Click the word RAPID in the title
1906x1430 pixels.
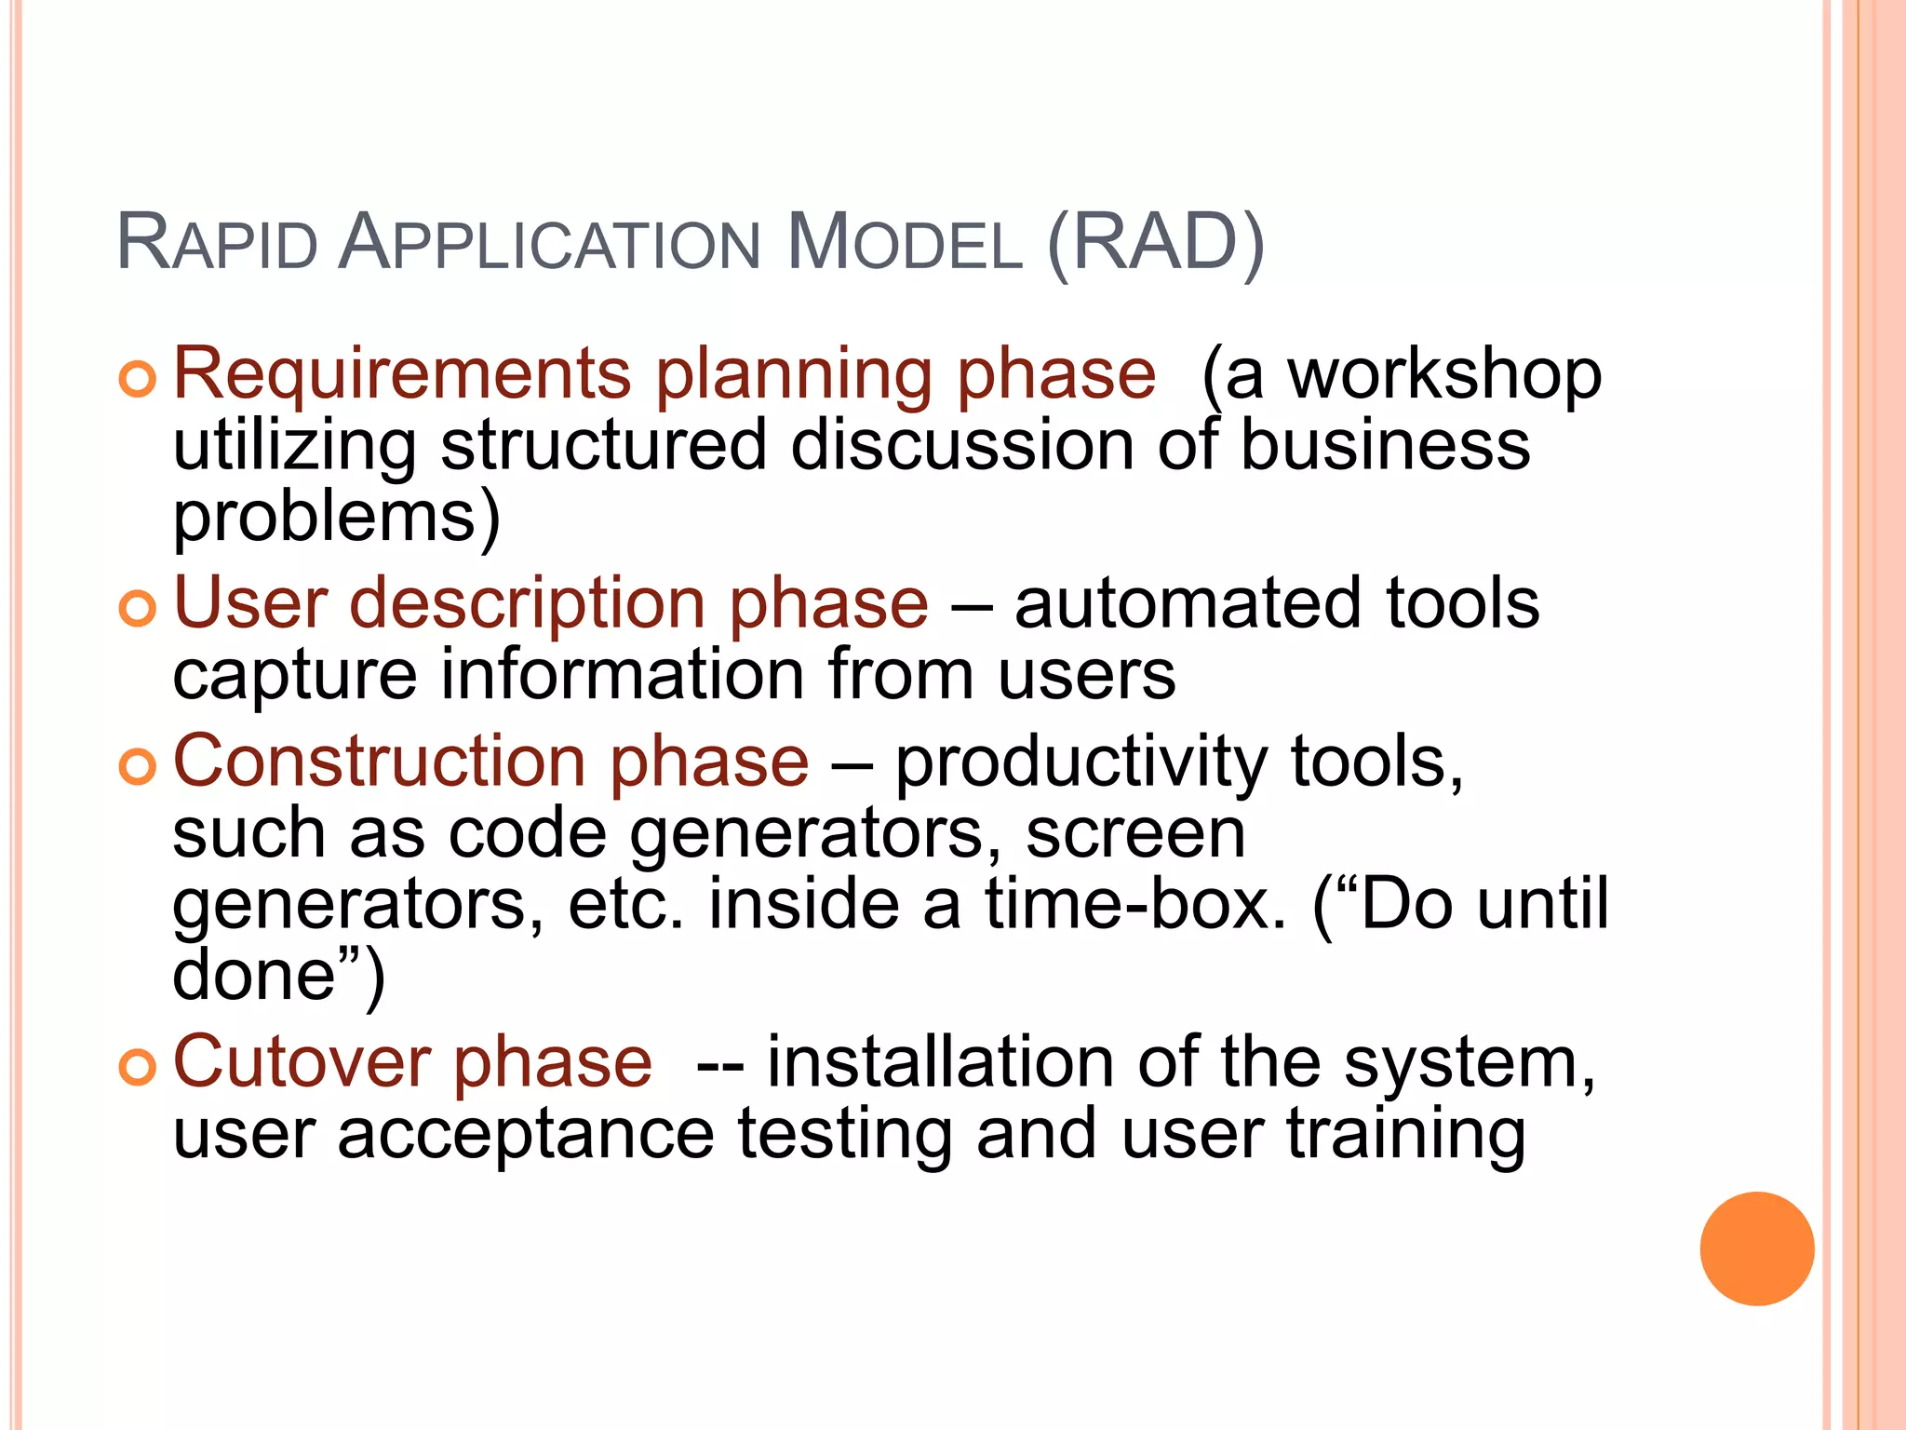click(x=218, y=244)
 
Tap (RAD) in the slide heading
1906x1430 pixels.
click(x=1155, y=244)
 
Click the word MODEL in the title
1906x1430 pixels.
click(x=904, y=244)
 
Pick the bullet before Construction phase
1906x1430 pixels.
click(x=137, y=766)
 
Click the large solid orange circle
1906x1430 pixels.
click(x=1756, y=1248)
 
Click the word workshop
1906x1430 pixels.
click(x=1444, y=375)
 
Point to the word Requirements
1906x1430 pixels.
click(x=402, y=375)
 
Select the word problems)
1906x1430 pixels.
click(x=337, y=519)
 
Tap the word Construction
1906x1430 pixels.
click(x=380, y=762)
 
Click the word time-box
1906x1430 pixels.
click(x=1135, y=905)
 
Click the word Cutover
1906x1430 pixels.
click(x=302, y=1062)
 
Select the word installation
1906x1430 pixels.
click(x=940, y=1062)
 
